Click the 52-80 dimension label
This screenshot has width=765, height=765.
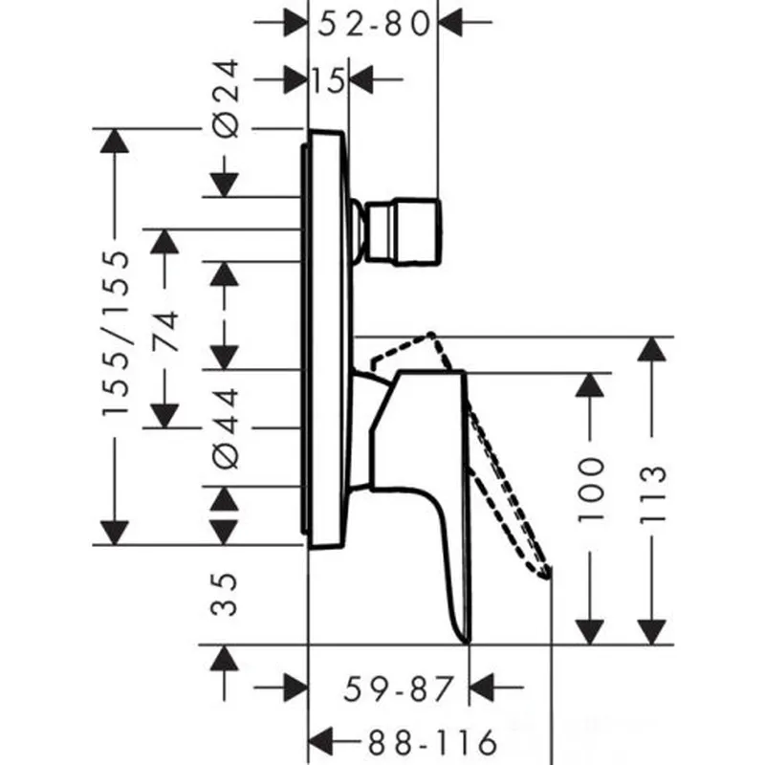[x=374, y=23]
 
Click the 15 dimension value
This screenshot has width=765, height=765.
[x=328, y=80]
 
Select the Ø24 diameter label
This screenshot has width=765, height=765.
[x=226, y=98]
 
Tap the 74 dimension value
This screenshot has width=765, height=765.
[x=164, y=331]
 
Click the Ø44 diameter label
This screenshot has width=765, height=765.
[x=226, y=427]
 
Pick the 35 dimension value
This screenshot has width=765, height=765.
[x=224, y=594]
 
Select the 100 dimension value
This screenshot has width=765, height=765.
[x=590, y=490]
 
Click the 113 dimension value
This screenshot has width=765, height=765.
[x=652, y=494]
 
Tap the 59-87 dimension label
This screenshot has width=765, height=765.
[x=399, y=688]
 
